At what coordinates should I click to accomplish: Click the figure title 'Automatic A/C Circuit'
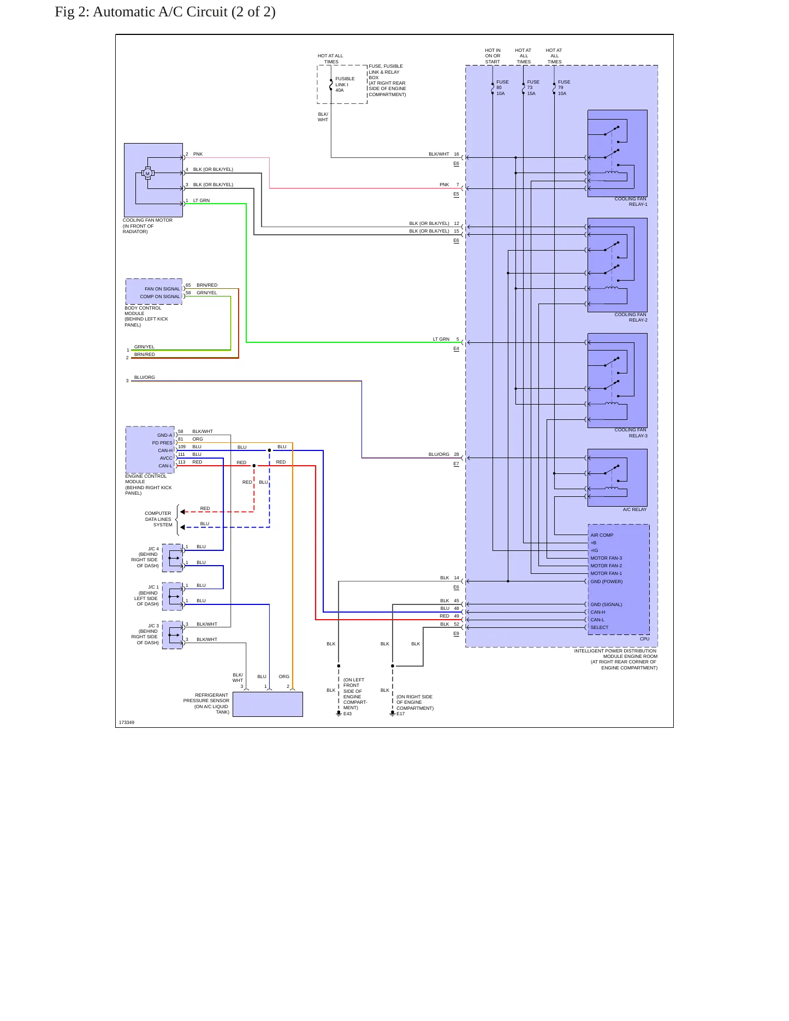pyautogui.click(x=160, y=12)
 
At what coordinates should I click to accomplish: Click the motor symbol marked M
pyautogui.click(x=147, y=173)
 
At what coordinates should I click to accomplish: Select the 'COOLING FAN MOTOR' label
pyautogui.click(x=147, y=220)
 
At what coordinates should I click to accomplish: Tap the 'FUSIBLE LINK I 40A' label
pyautogui.click(x=345, y=85)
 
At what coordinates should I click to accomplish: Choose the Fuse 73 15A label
pyautogui.click(x=533, y=87)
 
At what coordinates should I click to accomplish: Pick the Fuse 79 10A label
pyautogui.click(x=564, y=87)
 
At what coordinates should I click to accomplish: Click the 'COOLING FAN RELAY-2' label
pyautogui.click(x=631, y=317)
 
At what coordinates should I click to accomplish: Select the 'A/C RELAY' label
pyautogui.click(x=634, y=509)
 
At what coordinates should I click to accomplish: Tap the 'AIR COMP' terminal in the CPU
pyautogui.click(x=602, y=535)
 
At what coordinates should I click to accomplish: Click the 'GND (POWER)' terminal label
pyautogui.click(x=607, y=581)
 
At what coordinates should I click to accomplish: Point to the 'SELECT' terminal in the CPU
pyautogui.click(x=599, y=627)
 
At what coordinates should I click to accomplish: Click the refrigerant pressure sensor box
pyautogui.click(x=268, y=704)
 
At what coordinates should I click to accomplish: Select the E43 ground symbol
pyautogui.click(x=339, y=713)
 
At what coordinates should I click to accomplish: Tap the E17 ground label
pyautogui.click(x=401, y=714)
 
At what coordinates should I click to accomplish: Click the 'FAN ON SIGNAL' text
pyautogui.click(x=162, y=289)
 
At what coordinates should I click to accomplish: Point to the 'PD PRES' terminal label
pyautogui.click(x=162, y=443)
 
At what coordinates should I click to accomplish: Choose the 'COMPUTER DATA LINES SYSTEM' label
pyautogui.click(x=158, y=519)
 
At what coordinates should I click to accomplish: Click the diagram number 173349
pyautogui.click(x=127, y=722)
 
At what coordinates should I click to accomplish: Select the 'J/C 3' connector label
pyautogui.click(x=153, y=626)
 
